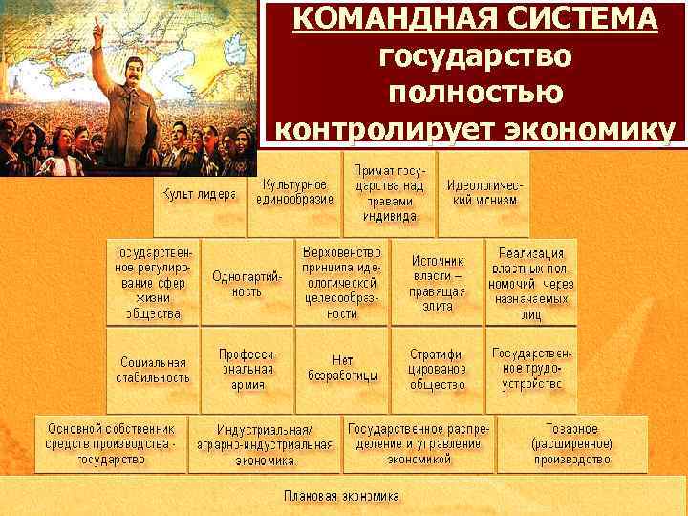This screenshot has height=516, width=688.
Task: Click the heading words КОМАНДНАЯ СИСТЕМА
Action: point(475,19)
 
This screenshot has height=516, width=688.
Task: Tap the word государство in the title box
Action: point(475,56)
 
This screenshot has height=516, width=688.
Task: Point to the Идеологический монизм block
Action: point(484,193)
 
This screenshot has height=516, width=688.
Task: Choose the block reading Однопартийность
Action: point(247,283)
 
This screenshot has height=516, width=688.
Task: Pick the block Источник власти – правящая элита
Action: point(438,282)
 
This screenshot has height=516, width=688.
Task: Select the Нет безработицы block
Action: point(343,368)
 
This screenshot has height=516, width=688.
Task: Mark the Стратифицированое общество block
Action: point(438,369)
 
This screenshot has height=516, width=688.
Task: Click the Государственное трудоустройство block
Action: point(531,369)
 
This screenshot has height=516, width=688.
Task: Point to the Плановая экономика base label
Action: point(341,496)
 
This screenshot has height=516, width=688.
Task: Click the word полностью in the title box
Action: point(475,93)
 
